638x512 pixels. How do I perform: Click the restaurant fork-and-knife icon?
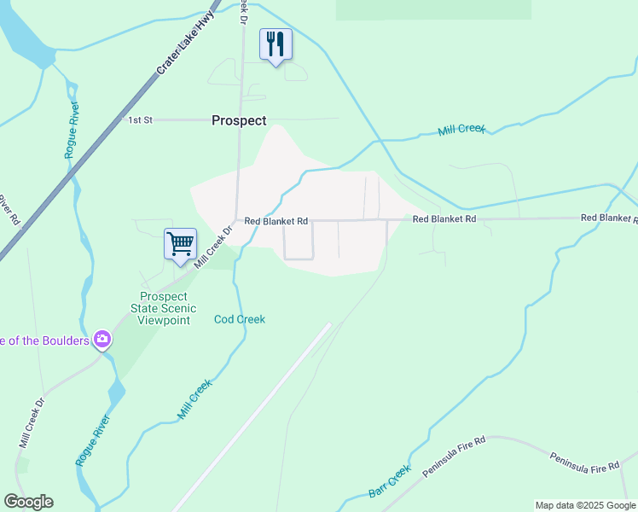pyautogui.click(x=275, y=43)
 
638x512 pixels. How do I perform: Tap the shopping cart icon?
pyautogui.click(x=180, y=243)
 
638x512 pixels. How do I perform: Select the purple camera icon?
pyautogui.click(x=103, y=340)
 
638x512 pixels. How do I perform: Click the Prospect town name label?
pyautogui.click(x=239, y=121)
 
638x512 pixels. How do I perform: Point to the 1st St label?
pyautogui.click(x=140, y=120)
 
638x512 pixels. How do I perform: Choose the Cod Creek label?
pyautogui.click(x=240, y=319)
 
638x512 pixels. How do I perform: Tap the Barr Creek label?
pyautogui.click(x=390, y=481)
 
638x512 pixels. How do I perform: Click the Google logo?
pyautogui.click(x=28, y=502)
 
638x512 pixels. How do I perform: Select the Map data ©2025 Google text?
pyautogui.click(x=585, y=505)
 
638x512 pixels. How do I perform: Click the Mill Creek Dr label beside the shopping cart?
pyautogui.click(x=213, y=247)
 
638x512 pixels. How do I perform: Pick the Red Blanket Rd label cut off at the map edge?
pyautogui.click(x=608, y=218)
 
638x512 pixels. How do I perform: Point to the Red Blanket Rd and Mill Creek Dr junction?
pyautogui.click(x=237, y=220)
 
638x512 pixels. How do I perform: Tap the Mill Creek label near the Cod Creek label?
pyautogui.click(x=195, y=399)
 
